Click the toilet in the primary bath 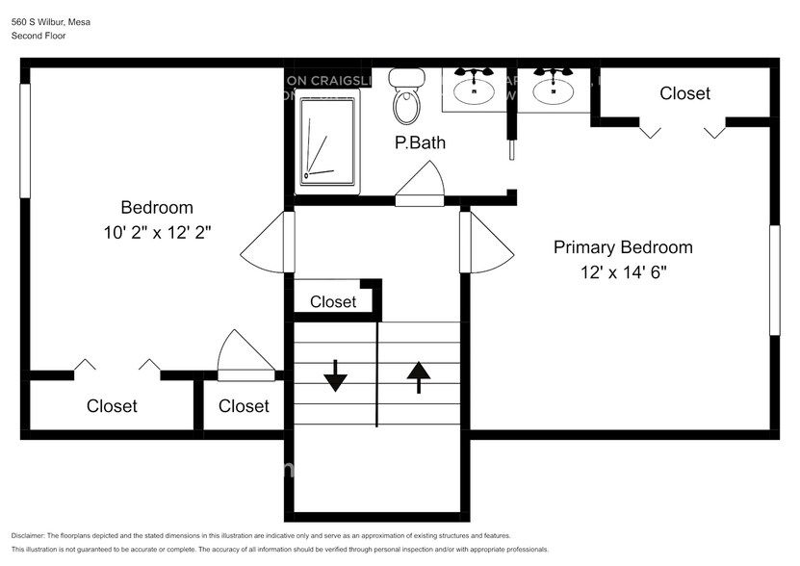pos(406,98)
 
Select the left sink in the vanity pos(474,90)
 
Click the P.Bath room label pos(420,143)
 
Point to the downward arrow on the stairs pos(335,374)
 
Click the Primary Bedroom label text pos(622,247)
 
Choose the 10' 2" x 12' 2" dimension pos(156,232)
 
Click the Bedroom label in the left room pos(156,207)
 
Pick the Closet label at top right pos(684,93)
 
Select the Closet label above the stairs pos(333,301)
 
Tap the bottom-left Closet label pos(112,406)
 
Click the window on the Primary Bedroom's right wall pos(773,280)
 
